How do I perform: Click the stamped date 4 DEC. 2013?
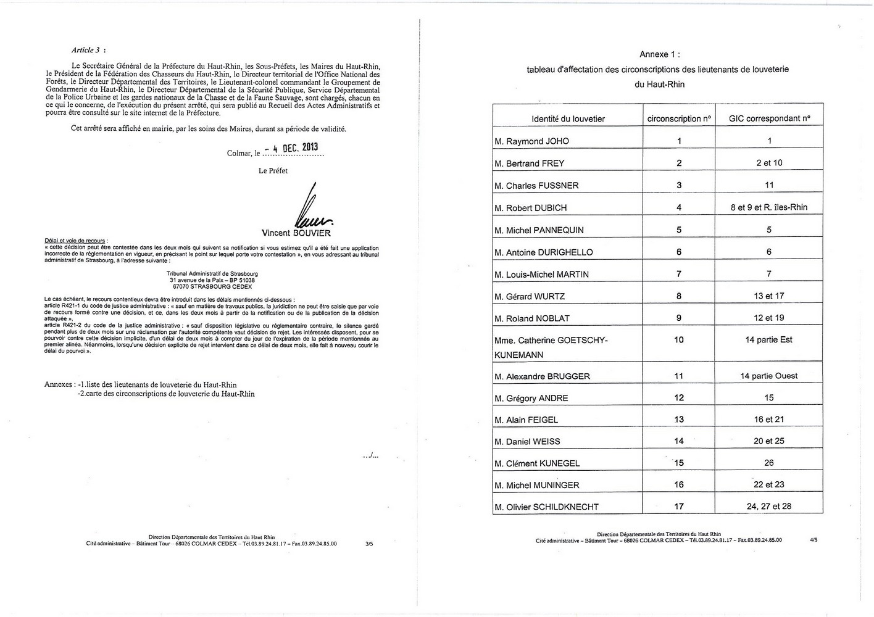pos(291,147)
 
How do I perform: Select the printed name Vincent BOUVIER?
pos(296,233)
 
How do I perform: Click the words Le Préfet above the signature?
pos(273,171)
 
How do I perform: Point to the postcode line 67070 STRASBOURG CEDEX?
pos(212,286)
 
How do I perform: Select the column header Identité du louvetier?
pos(568,118)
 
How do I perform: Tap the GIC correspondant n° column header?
pos(769,118)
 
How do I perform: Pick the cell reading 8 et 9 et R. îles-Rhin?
pos(769,207)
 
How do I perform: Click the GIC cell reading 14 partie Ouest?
pos(769,376)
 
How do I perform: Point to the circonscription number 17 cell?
pos(679,507)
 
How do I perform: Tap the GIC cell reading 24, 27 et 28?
pos(769,507)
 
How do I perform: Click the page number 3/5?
pos(369,544)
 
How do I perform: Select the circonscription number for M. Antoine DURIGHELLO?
pos(679,252)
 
